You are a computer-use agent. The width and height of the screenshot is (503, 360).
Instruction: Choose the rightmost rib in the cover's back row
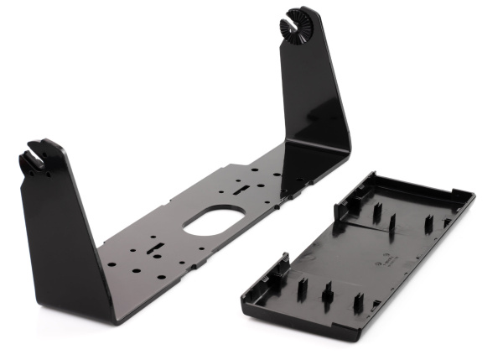tap(428, 224)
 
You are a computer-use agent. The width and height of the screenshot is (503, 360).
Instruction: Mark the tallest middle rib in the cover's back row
tap(392, 222)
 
